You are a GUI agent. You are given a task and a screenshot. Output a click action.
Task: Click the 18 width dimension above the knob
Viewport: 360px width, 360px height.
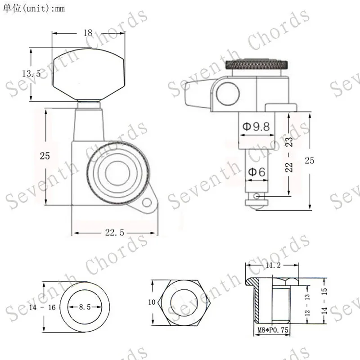pos(88,33)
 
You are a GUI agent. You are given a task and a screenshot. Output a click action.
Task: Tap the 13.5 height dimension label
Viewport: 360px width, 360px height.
pos(31,74)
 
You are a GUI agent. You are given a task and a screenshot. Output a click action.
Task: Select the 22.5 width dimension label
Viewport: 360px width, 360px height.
pos(115,233)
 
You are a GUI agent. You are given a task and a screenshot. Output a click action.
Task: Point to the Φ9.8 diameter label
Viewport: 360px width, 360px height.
pos(256,126)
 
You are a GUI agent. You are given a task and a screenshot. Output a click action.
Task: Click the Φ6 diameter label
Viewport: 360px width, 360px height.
pos(256,172)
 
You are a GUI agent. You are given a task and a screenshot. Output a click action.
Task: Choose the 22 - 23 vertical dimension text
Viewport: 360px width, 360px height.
pos(289,154)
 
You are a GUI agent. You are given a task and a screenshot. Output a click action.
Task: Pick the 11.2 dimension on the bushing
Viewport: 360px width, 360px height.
pos(273,265)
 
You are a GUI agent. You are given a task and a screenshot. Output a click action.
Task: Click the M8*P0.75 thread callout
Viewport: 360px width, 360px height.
pos(273,330)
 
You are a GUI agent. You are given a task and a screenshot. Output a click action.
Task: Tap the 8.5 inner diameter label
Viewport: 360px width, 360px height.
pos(85,307)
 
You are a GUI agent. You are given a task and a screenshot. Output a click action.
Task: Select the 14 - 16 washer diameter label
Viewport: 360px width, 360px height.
pos(42,307)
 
